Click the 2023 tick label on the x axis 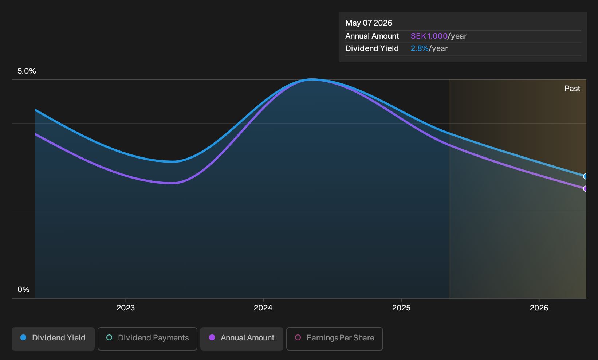coord(126,308)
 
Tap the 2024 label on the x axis coord(263,308)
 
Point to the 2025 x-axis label coord(401,308)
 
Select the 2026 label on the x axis coord(539,308)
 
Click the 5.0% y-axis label coord(27,71)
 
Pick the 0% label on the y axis coord(24,290)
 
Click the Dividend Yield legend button coord(53,339)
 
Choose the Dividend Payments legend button coord(147,339)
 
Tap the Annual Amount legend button coord(241,339)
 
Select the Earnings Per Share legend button coord(334,339)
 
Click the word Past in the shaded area coord(572,89)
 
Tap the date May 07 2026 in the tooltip coord(369,23)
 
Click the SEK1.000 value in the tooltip coord(429,36)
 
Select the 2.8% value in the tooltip coord(420,48)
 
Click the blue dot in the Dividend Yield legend coord(24,337)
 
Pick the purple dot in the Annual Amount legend coord(212,337)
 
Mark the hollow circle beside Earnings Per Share coord(298,337)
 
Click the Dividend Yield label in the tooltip coord(372,48)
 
